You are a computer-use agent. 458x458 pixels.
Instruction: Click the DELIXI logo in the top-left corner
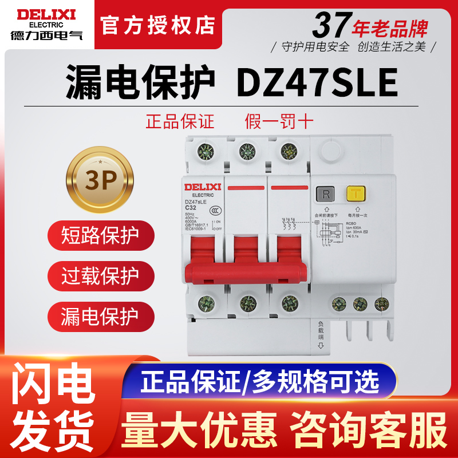point(43,21)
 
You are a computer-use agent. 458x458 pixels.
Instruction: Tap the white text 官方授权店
point(157,25)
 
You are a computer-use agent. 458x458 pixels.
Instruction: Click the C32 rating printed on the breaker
point(191,207)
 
